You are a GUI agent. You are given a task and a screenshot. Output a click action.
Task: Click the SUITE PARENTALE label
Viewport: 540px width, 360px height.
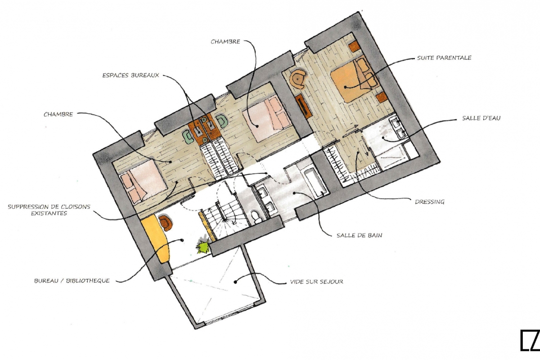(x=444, y=58)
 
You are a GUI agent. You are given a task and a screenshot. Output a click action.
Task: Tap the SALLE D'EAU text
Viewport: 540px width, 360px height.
(x=481, y=118)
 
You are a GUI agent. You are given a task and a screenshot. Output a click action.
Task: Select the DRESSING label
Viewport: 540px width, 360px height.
(x=429, y=202)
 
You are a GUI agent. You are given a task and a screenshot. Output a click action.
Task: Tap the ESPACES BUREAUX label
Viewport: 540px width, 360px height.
(x=130, y=76)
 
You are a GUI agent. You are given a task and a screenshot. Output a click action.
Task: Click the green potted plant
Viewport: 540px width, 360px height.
(x=203, y=247)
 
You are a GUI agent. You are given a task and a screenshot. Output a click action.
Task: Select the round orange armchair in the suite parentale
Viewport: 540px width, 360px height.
(x=298, y=79)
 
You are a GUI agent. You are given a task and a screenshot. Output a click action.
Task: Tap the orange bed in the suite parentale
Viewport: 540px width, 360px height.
(x=353, y=80)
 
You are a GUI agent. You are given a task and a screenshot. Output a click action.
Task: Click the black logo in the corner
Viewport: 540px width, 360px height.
(x=530, y=341)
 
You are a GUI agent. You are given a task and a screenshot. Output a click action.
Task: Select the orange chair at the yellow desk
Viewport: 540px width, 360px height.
(x=166, y=222)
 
